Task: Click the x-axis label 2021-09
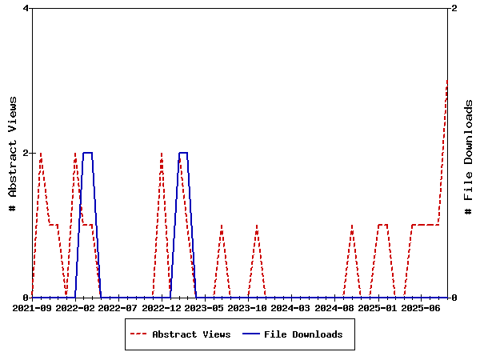[x=32, y=308]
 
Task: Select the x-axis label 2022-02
[x=75, y=308]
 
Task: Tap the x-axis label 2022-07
[x=118, y=308]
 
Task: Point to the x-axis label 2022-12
[x=162, y=308]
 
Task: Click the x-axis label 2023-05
[x=205, y=308]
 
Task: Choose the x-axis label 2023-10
[x=248, y=308]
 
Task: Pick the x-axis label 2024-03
[x=291, y=308]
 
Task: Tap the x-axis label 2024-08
[x=334, y=308]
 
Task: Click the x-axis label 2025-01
[x=378, y=308]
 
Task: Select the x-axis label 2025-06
[x=421, y=308]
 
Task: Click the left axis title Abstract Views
[x=13, y=153]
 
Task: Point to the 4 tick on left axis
[x=26, y=9]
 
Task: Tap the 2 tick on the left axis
[x=26, y=153]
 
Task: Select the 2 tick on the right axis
[x=454, y=9]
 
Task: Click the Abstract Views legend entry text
[x=191, y=334]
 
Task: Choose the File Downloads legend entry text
[x=303, y=334]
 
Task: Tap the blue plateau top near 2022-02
[x=88, y=153]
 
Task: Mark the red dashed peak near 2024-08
[x=352, y=226]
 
